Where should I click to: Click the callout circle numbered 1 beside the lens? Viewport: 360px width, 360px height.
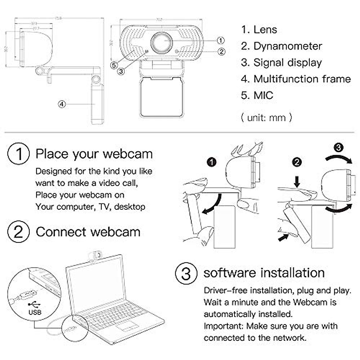click(220, 40)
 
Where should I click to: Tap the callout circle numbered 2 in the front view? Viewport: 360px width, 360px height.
click(221, 52)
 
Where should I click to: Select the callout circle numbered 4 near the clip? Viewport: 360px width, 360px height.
click(61, 104)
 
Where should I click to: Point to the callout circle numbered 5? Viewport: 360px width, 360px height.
click(114, 65)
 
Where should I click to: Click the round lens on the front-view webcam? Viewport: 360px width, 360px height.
click(161, 42)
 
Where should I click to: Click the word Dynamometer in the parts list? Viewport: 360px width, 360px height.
click(287, 46)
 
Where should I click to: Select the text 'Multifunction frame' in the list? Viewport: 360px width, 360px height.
click(302, 79)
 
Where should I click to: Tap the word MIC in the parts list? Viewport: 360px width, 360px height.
click(263, 95)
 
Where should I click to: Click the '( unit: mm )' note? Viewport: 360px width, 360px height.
click(266, 117)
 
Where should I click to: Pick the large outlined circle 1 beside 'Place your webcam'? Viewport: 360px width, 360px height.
click(19, 154)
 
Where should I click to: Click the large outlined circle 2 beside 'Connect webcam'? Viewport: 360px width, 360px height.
click(19, 232)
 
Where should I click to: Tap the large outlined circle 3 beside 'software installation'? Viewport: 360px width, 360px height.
click(186, 273)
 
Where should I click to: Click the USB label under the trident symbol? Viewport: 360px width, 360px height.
click(35, 312)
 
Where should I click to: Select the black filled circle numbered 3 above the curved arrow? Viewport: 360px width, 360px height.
click(338, 148)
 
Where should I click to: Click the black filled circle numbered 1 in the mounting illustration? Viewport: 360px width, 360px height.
click(212, 162)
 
